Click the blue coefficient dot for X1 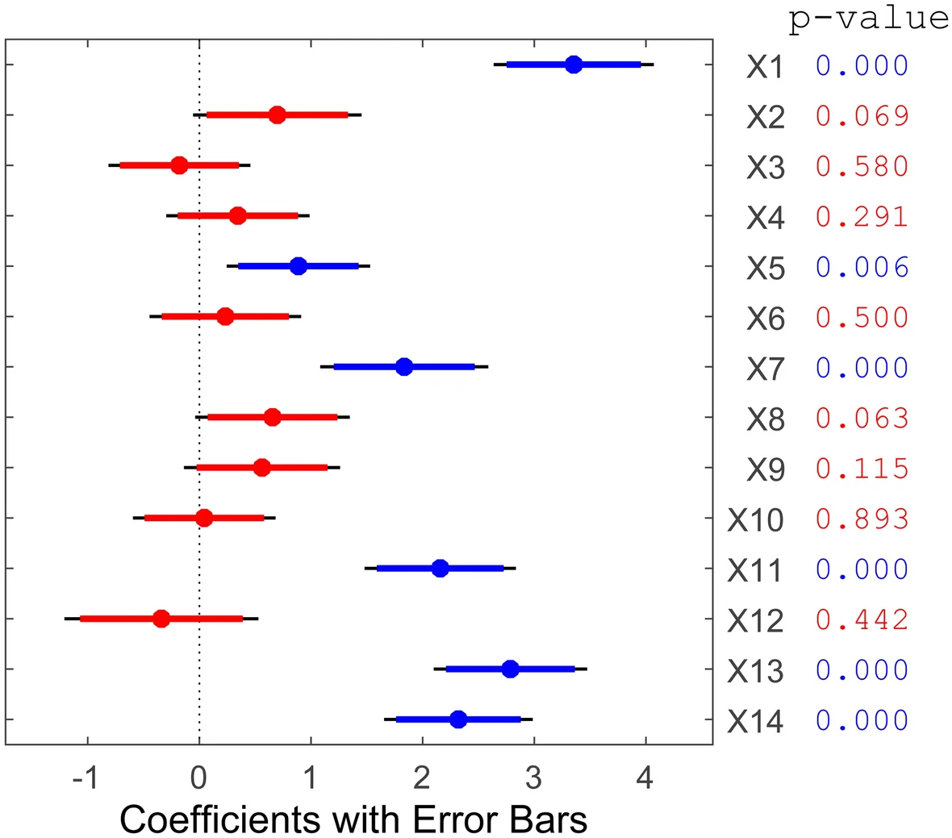tap(574, 65)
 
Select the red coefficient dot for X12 tap(161, 619)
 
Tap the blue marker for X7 tap(404, 367)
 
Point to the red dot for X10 tap(204, 518)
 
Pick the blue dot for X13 tap(510, 669)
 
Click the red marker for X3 tap(179, 165)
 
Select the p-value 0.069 tap(862, 116)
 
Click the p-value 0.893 tap(862, 519)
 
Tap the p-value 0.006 tap(862, 267)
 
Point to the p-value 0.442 tap(862, 619)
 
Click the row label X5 tap(765, 268)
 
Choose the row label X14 tap(755, 721)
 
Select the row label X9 tap(765, 469)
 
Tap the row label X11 tap(755, 570)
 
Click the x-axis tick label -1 tap(85, 778)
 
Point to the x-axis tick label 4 tap(645, 778)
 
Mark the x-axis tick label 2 tap(422, 778)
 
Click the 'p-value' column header tap(868, 18)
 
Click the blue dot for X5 tap(298, 266)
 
